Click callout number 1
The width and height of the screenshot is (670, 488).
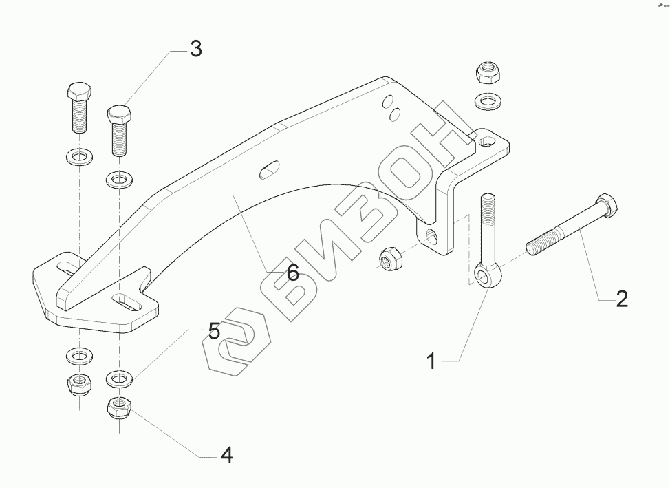pyautogui.click(x=431, y=361)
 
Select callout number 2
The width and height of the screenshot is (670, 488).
pyautogui.click(x=621, y=299)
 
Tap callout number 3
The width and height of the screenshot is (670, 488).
pyautogui.click(x=195, y=50)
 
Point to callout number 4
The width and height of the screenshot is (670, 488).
pyautogui.click(x=226, y=454)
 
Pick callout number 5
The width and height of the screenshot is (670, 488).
pyautogui.click(x=214, y=331)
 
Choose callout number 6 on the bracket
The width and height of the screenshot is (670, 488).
pyautogui.click(x=292, y=273)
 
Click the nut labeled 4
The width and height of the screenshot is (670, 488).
pyautogui.click(x=120, y=407)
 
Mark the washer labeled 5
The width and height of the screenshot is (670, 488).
pyautogui.click(x=120, y=379)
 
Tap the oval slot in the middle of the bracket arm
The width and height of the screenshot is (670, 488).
pyautogui.click(x=270, y=169)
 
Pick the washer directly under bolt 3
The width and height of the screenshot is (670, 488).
pyautogui.click(x=120, y=182)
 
